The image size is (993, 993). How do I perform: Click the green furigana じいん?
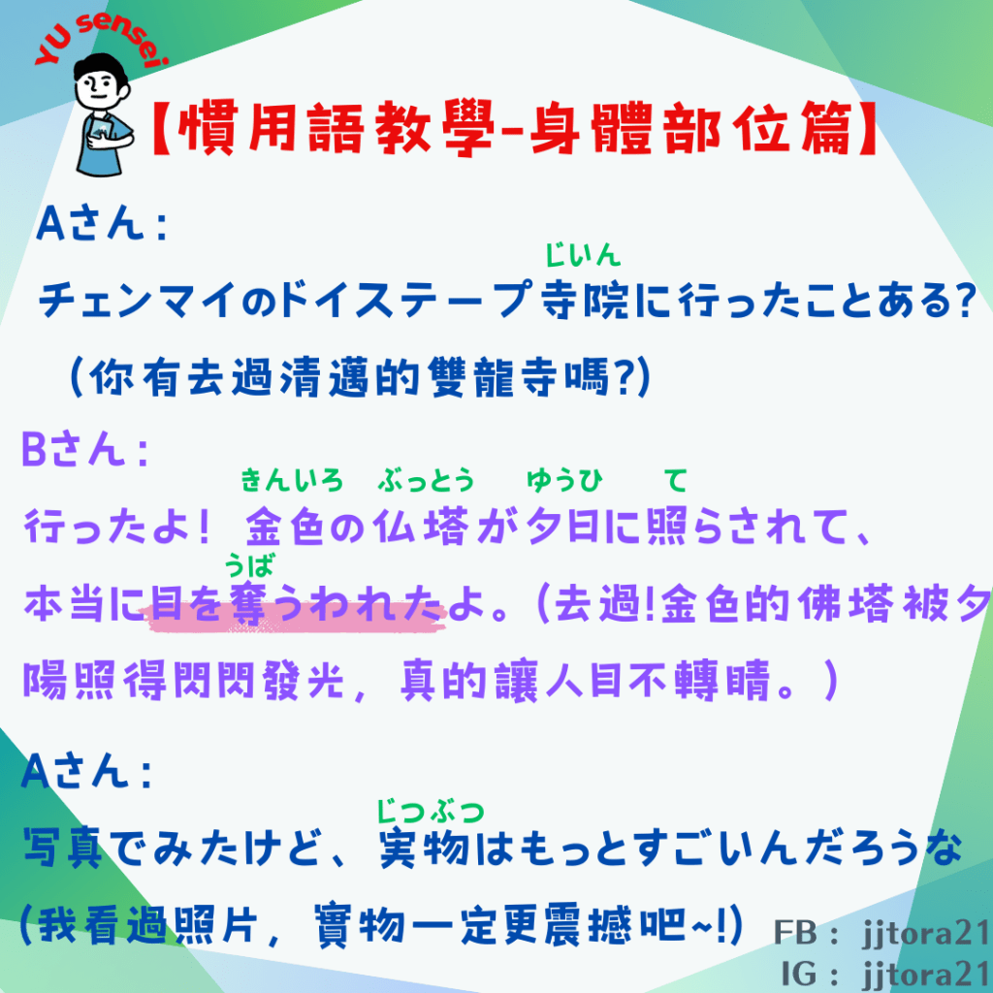coord(583,255)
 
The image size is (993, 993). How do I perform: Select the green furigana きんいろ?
coord(291,481)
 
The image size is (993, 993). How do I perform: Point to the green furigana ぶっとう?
coord(426,481)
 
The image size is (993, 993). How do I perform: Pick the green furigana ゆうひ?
coord(565,481)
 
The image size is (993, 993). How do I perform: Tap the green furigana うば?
coord(249,565)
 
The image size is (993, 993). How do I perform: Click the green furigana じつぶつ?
coord(431,812)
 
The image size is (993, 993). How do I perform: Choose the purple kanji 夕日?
coord(563,527)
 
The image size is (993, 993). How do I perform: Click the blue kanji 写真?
coord(63,848)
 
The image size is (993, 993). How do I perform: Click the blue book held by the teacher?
coord(101,133)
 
